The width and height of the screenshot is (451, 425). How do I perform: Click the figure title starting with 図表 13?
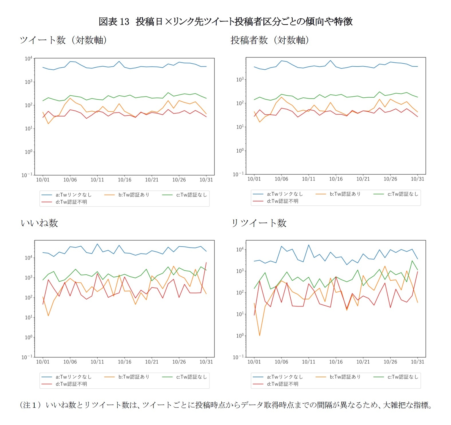tap(225, 21)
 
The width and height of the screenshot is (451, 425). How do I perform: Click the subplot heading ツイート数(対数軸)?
tap(63, 40)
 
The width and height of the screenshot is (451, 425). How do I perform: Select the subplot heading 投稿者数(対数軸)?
tap(270, 40)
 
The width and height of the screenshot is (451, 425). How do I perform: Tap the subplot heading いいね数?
tap(39, 223)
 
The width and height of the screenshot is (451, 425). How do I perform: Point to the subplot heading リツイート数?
tap(259, 223)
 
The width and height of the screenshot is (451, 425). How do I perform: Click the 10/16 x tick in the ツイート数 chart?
tap(125, 180)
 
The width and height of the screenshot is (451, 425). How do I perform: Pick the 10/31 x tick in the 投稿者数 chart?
tap(417, 179)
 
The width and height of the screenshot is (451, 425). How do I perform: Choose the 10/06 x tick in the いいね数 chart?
tap(70, 362)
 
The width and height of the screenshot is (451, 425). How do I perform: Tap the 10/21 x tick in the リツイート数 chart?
tap(363, 362)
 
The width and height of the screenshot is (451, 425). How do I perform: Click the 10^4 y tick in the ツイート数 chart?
tap(28, 59)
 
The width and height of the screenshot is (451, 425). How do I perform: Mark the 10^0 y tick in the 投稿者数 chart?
tap(240, 151)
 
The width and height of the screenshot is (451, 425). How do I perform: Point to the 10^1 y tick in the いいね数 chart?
tap(28, 317)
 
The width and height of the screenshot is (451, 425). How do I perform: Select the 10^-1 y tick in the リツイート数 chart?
tap(239, 357)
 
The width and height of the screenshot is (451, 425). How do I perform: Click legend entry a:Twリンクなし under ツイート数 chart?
tap(73, 195)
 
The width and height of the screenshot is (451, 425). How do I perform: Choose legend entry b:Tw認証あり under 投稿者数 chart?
tap(345, 194)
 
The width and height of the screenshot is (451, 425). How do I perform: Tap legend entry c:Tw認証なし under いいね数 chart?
tap(191, 377)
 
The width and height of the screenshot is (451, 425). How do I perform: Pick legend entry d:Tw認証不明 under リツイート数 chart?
tap(282, 384)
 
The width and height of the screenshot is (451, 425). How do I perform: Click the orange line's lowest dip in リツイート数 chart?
tap(259, 335)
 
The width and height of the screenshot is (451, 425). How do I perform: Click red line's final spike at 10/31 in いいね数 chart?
tap(206, 262)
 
